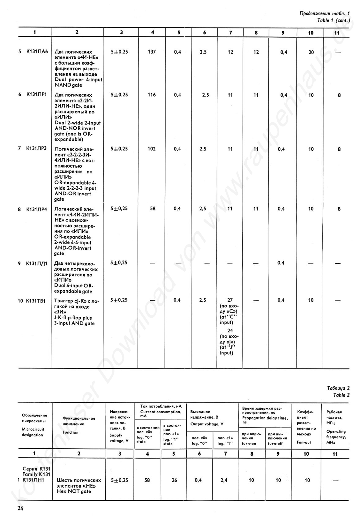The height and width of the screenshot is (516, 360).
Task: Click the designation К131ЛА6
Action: click(x=37, y=52)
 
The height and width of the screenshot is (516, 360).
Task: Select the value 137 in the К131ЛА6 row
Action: click(x=152, y=52)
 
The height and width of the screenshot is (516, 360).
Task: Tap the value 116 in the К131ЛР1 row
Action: click(x=152, y=95)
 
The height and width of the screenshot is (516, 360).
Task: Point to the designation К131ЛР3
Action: click(x=36, y=148)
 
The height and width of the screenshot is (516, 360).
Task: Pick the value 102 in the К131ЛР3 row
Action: click(x=152, y=149)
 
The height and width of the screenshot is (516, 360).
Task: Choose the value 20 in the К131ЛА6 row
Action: click(x=311, y=52)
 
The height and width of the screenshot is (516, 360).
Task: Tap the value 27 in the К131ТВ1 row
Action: click(x=230, y=300)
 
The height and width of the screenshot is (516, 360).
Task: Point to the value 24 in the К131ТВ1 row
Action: click(x=230, y=331)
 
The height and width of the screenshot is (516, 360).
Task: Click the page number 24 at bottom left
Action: click(x=20, y=508)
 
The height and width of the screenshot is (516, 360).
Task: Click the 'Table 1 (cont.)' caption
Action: click(x=333, y=20)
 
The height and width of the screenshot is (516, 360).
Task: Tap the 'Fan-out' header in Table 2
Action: click(x=304, y=443)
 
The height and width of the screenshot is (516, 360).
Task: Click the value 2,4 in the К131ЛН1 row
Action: click(x=224, y=480)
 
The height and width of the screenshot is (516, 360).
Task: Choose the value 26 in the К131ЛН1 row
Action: click(x=174, y=480)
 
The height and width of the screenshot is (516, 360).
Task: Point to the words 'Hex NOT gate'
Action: click(x=74, y=491)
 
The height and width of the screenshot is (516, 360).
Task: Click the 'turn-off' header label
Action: click(x=275, y=444)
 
